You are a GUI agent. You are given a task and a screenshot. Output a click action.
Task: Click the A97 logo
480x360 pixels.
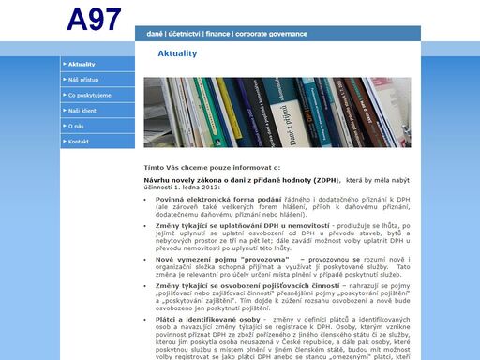[x=95, y=20]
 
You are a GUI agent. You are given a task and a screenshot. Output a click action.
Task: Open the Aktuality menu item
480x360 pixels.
[x=83, y=64]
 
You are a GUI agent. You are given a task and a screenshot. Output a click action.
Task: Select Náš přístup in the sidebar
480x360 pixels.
[x=85, y=80]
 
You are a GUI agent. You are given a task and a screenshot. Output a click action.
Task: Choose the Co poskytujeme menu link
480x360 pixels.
[x=90, y=95]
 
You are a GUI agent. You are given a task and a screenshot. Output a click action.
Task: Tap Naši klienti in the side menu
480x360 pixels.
[x=85, y=111]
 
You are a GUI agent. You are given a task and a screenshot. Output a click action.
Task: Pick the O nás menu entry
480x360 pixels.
[x=77, y=126]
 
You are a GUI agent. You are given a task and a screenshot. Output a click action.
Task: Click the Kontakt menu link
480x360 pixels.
[x=79, y=142]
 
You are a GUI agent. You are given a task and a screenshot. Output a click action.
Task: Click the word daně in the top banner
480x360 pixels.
[x=155, y=34]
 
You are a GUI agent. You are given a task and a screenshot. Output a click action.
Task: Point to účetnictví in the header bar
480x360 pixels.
[x=186, y=34]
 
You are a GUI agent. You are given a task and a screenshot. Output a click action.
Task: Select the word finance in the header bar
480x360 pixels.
[x=221, y=34]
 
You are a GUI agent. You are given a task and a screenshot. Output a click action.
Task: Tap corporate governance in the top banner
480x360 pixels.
[x=272, y=34]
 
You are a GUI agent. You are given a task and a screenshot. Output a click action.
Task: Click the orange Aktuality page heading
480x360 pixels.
[x=177, y=53]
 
